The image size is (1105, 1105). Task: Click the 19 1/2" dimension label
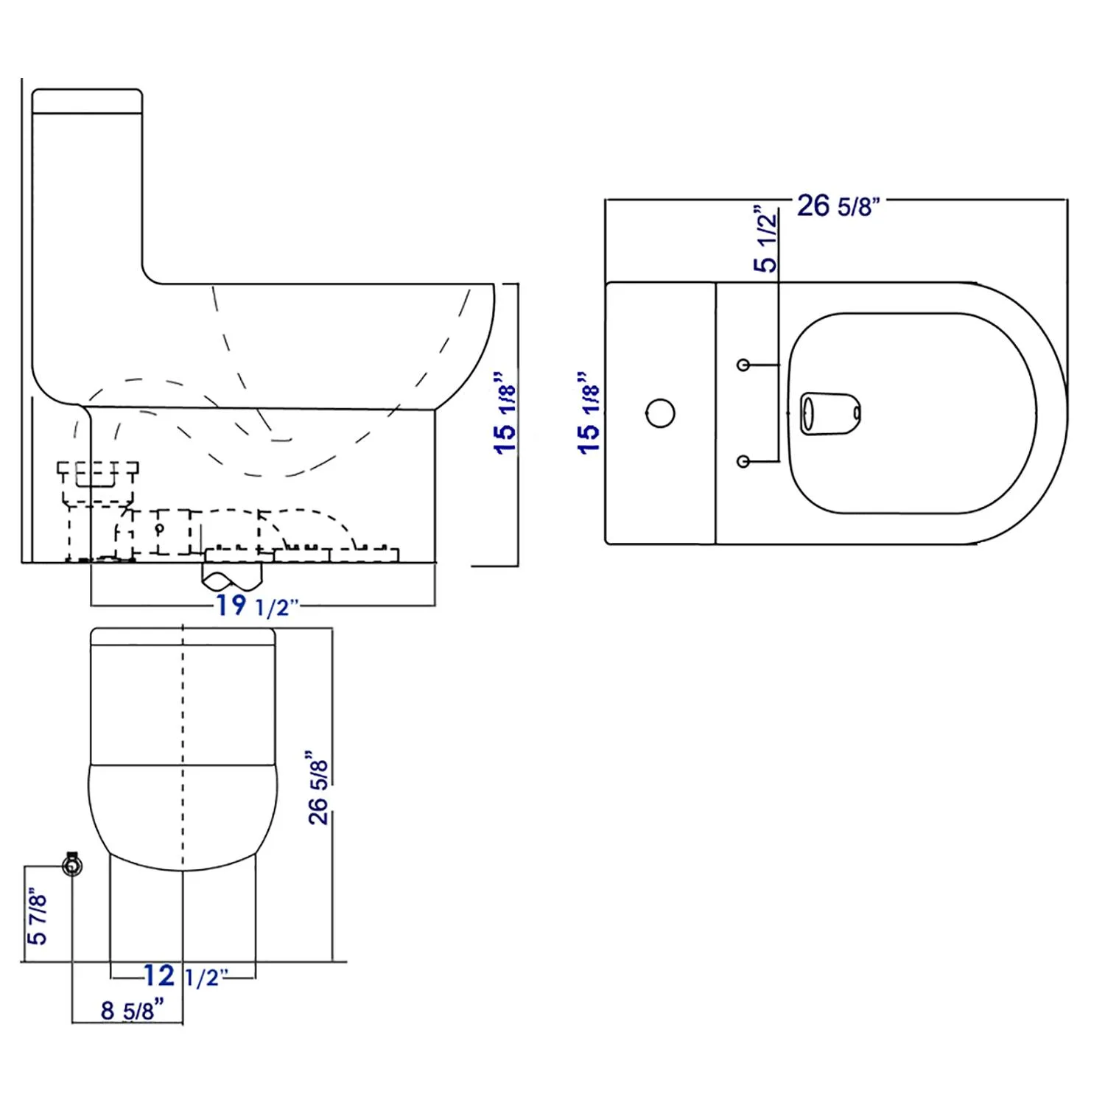(x=257, y=606)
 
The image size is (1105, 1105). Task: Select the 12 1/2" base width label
(x=181, y=976)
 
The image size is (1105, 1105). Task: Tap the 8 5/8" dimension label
(x=132, y=1009)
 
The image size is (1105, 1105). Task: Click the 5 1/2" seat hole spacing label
(x=766, y=240)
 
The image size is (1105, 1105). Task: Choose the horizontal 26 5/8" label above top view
(x=838, y=206)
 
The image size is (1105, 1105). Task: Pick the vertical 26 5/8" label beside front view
(x=318, y=787)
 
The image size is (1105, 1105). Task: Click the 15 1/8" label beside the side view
(x=505, y=413)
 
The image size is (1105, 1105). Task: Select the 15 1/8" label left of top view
(x=589, y=413)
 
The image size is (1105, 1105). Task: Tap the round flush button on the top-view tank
(x=660, y=413)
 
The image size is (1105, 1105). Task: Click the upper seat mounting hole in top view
(x=743, y=365)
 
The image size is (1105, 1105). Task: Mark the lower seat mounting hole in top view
(x=743, y=461)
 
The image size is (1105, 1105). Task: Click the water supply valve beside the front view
(x=72, y=864)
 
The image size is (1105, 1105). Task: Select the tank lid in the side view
(x=87, y=101)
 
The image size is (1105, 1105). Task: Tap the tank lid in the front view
(x=183, y=636)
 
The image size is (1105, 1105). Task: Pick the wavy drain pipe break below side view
(x=231, y=577)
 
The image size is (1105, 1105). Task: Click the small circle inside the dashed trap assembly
(x=160, y=528)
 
